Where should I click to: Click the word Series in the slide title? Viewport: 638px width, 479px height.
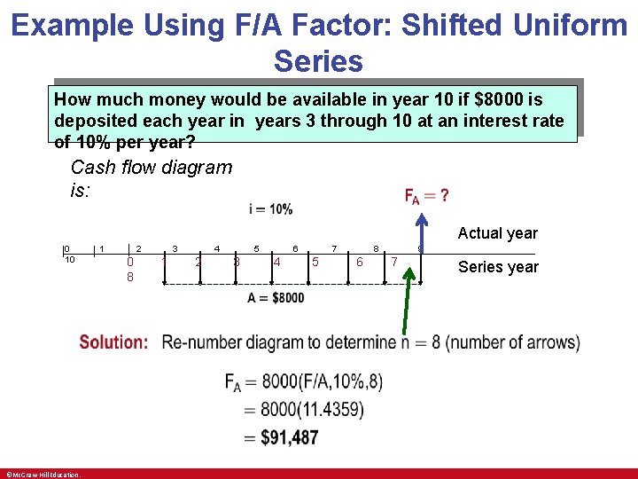click(x=318, y=61)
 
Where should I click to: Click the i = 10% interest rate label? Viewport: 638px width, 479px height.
click(x=270, y=209)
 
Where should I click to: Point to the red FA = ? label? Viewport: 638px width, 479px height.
click(x=427, y=195)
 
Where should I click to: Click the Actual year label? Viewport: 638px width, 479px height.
click(x=497, y=233)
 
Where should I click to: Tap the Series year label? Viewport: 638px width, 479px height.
click(x=498, y=267)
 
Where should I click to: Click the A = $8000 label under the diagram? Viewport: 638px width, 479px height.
click(x=276, y=298)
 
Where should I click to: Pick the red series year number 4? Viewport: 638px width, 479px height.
click(x=277, y=262)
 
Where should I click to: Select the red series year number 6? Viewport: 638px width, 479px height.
click(x=359, y=262)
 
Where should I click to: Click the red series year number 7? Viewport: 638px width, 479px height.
click(x=394, y=262)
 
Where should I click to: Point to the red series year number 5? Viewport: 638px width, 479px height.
click(x=315, y=262)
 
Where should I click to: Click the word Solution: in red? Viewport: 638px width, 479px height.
click(x=113, y=342)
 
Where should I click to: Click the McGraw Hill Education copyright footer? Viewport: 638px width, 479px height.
click(x=43, y=475)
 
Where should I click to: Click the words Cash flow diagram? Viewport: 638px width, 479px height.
click(x=151, y=167)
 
